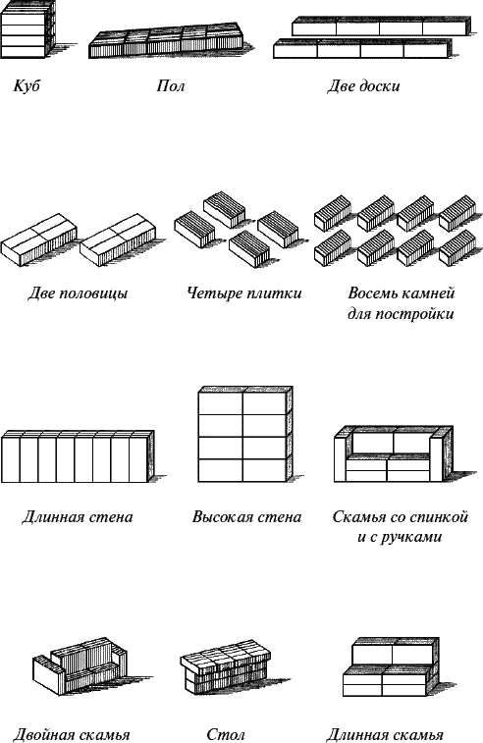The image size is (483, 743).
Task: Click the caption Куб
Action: coord(27,86)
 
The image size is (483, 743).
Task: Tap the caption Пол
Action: coord(170,86)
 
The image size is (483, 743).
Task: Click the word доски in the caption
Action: coord(380,86)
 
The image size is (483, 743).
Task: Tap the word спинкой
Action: coord(440,516)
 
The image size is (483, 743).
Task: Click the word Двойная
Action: coord(42,735)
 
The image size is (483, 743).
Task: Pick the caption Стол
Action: coord(226,734)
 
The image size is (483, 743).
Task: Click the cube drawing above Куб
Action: coord(29,29)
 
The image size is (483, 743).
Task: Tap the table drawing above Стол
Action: coord(225,667)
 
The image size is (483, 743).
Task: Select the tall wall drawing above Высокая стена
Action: coord(244,435)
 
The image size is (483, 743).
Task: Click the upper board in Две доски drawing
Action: coord(382,27)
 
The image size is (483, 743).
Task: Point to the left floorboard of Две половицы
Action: coord(39,239)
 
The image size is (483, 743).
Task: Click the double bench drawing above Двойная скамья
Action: coord(80,666)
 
